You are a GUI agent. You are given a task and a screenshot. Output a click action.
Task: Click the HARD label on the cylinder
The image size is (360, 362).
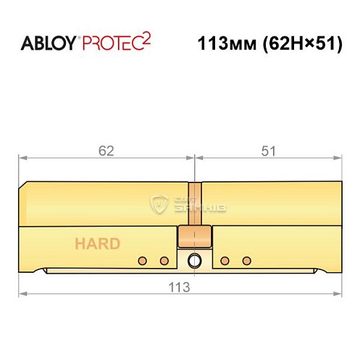(x=96, y=243)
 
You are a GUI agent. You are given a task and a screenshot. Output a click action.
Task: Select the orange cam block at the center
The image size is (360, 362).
(x=193, y=236)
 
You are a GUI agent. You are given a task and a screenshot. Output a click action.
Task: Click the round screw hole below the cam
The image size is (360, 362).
(x=193, y=261)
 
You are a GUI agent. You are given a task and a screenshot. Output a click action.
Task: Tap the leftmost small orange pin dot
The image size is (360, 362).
(x=143, y=260)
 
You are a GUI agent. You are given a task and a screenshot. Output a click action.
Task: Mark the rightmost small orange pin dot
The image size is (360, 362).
(x=246, y=260)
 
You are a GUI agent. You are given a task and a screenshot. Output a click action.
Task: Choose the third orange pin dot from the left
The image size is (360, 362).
(x=225, y=260)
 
